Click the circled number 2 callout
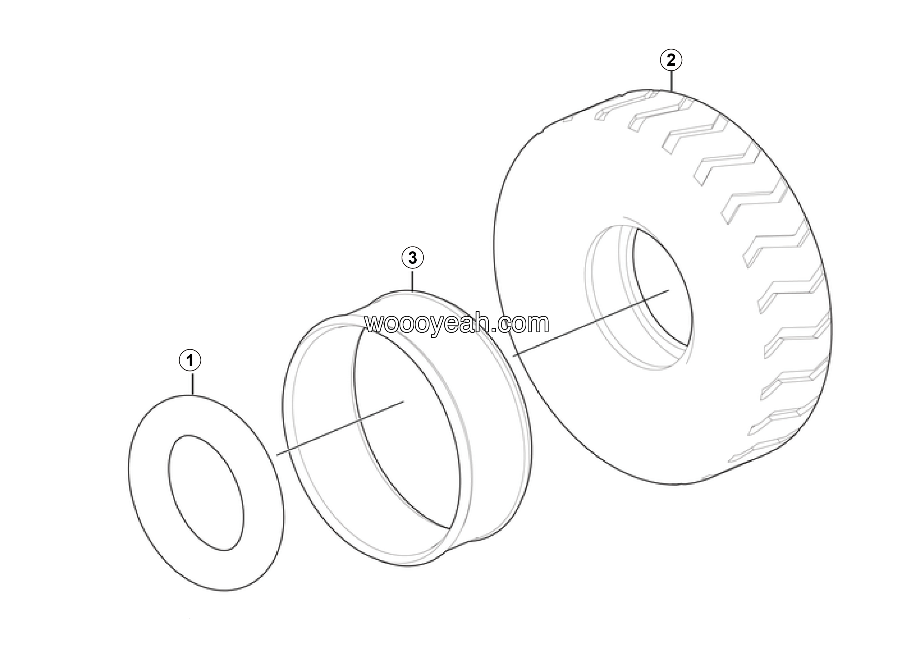[671, 60]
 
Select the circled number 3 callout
[412, 258]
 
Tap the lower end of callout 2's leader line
[672, 92]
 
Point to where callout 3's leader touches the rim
[412, 291]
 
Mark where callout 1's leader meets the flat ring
[192, 395]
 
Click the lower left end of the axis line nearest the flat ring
[277, 455]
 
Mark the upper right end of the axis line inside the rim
[404, 402]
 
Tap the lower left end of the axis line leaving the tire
[513, 354]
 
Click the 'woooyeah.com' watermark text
[457, 323]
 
